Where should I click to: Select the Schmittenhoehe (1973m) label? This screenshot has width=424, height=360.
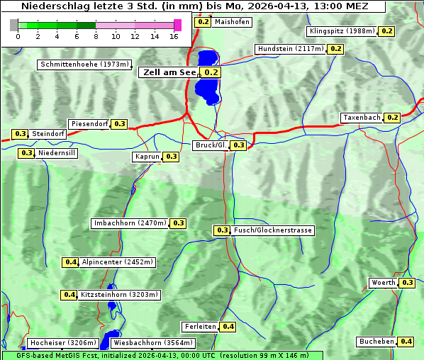coord(84,64)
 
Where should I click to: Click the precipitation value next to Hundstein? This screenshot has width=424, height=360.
coord(335,49)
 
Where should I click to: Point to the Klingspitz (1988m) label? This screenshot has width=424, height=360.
coord(342,31)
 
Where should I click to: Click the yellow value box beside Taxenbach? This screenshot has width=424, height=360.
coord(392,118)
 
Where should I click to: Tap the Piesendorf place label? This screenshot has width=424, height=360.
coord(89,124)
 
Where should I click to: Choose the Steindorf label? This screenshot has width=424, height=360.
coord(49,134)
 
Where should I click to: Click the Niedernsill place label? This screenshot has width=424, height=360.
coord(57,153)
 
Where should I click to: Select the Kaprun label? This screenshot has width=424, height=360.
coord(147,157)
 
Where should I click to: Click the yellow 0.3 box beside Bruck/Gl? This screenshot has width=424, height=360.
coord(238,145)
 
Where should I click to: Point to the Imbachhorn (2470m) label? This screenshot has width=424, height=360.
coord(130,223)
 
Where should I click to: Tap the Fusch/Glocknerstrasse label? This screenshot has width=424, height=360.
coord(273,230)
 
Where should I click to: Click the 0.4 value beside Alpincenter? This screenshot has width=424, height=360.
coord(70,262)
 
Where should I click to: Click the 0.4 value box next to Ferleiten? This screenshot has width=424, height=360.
coord(228,327)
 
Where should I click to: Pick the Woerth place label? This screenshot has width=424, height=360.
coord(384,283)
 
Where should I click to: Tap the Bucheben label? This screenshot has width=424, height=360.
coord(376,342)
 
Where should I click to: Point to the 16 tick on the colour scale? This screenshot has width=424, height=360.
coord(174,35)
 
